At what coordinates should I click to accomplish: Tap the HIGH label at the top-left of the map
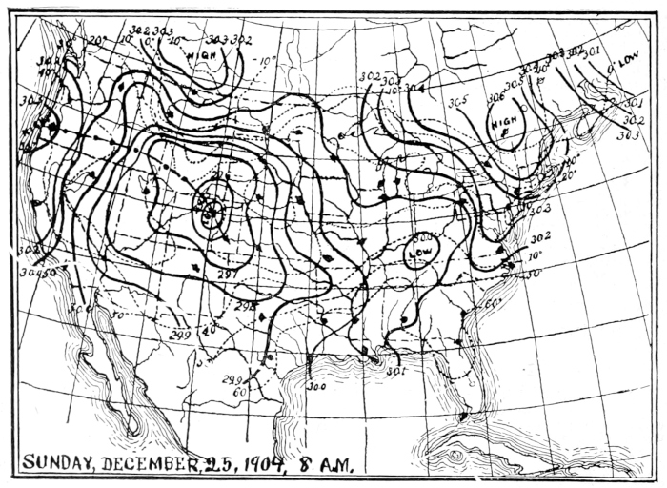point(202,55)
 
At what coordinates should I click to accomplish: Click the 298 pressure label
point(245,307)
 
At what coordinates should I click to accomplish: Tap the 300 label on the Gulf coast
point(316,387)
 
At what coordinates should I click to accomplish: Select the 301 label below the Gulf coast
point(396,372)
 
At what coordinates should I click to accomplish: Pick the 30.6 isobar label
point(495,98)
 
